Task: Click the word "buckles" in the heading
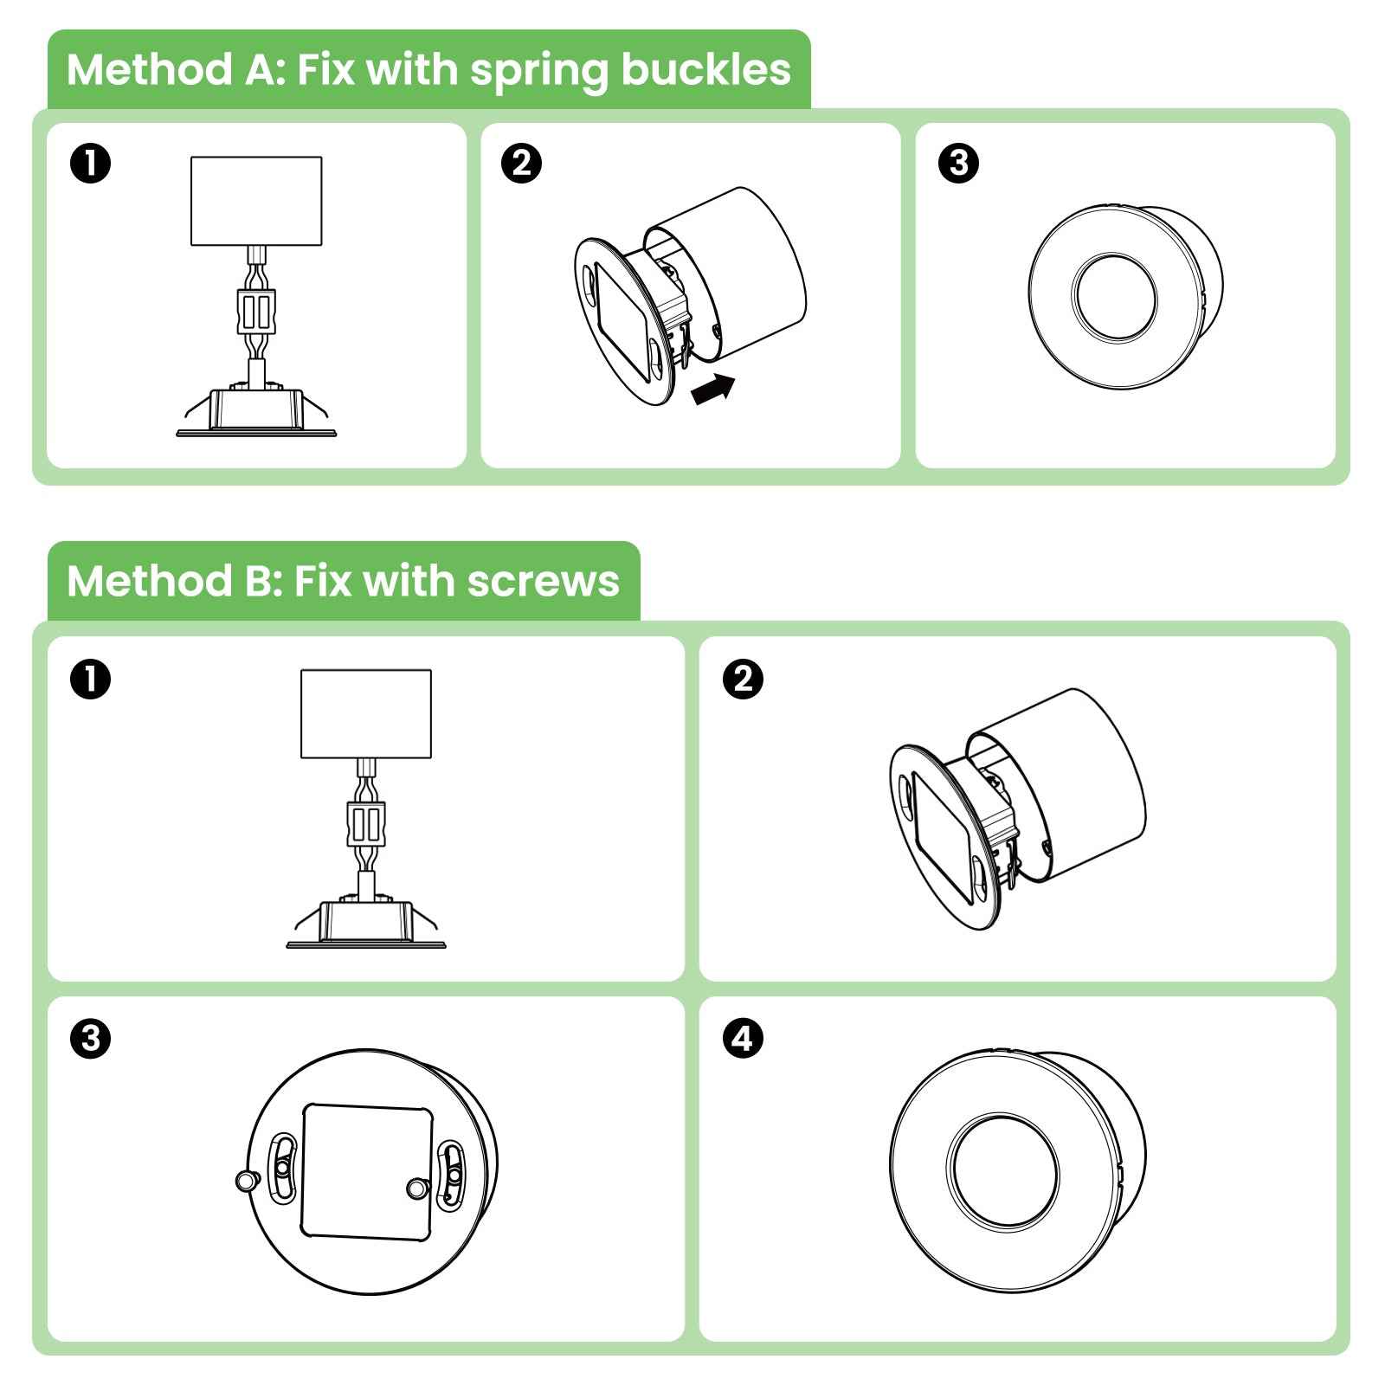705,69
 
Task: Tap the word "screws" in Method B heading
544,581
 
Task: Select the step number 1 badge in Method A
91,164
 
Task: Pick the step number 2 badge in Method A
522,164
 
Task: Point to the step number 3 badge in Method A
958,164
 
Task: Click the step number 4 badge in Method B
743,1037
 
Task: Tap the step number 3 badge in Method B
91,1037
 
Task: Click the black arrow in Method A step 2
713,389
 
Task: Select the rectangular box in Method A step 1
256,201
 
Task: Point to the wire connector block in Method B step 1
365,824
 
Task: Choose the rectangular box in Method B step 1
366,714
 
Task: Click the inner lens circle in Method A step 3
1113,297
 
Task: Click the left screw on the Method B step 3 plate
246,1179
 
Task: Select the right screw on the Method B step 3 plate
416,1188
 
